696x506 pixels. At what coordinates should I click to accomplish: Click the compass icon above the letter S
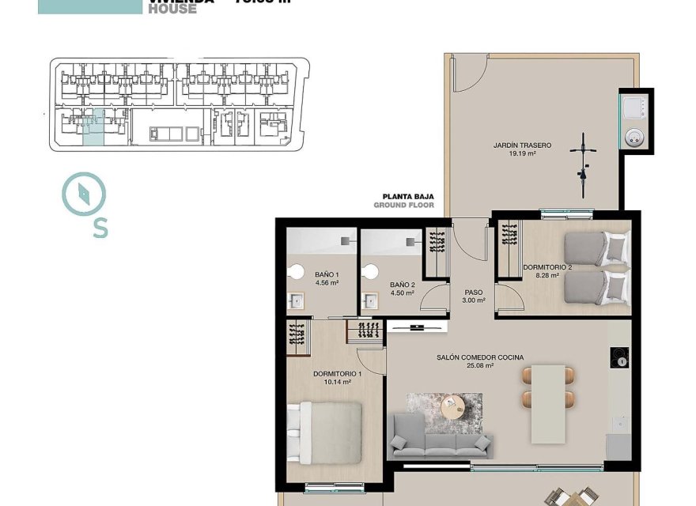pyautogui.click(x=84, y=193)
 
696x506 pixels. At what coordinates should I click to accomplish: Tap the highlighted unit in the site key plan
pyautogui.click(x=93, y=130)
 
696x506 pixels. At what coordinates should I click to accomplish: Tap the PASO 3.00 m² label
pyautogui.click(x=474, y=296)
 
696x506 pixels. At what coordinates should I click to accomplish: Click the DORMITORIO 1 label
pyautogui.click(x=337, y=376)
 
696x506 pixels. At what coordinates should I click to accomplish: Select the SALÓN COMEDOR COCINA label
pyautogui.click(x=479, y=361)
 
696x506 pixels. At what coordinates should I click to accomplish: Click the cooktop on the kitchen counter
pyautogui.click(x=620, y=359)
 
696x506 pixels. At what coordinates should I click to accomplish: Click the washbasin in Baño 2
pyautogui.click(x=369, y=301)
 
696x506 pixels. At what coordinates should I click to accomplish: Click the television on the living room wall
pyautogui.click(x=416, y=325)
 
